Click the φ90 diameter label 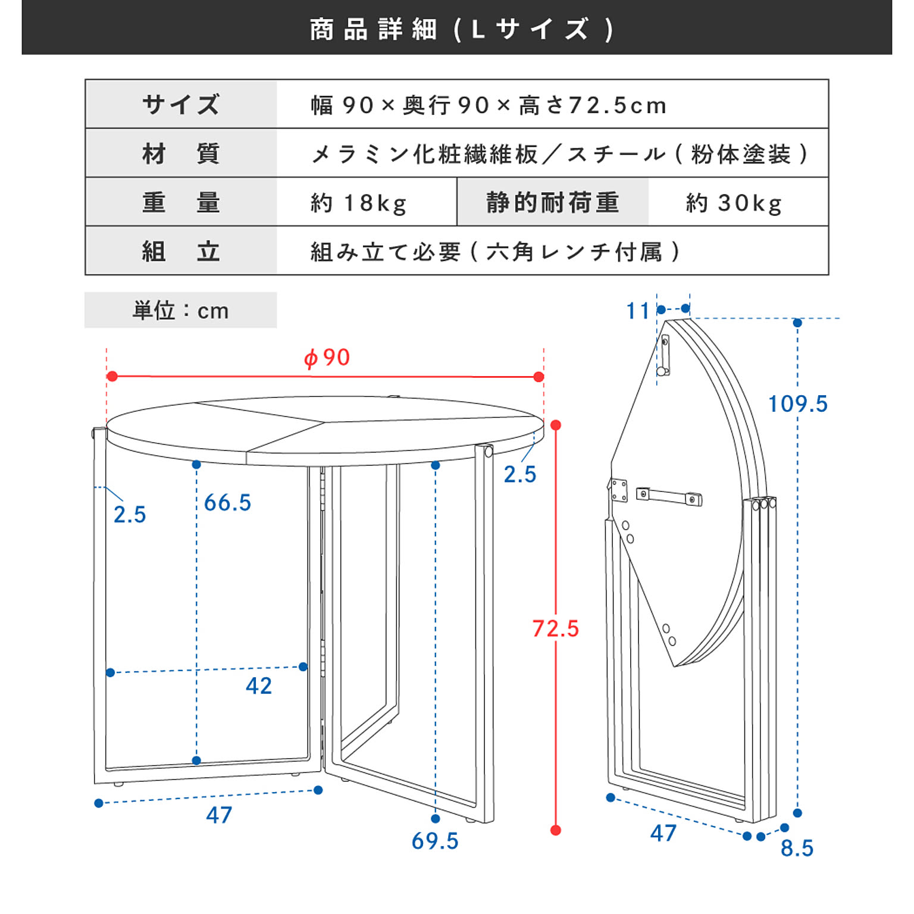click(x=327, y=358)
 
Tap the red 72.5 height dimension click(x=555, y=628)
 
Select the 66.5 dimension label click(x=227, y=503)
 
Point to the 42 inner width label click(x=259, y=686)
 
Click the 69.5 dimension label click(x=435, y=841)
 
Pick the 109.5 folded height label click(x=797, y=404)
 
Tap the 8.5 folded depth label click(x=797, y=848)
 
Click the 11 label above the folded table click(x=638, y=311)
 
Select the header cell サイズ click(x=181, y=105)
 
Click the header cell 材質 click(x=181, y=154)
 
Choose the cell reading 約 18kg click(x=359, y=203)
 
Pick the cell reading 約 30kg click(x=734, y=203)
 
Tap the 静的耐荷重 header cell click(x=553, y=202)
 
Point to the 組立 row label click(x=181, y=252)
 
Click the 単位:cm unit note click(x=180, y=311)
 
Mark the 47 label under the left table click(x=219, y=815)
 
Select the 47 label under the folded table click(x=663, y=834)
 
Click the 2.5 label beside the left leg click(x=130, y=515)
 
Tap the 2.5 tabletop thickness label click(x=520, y=474)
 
